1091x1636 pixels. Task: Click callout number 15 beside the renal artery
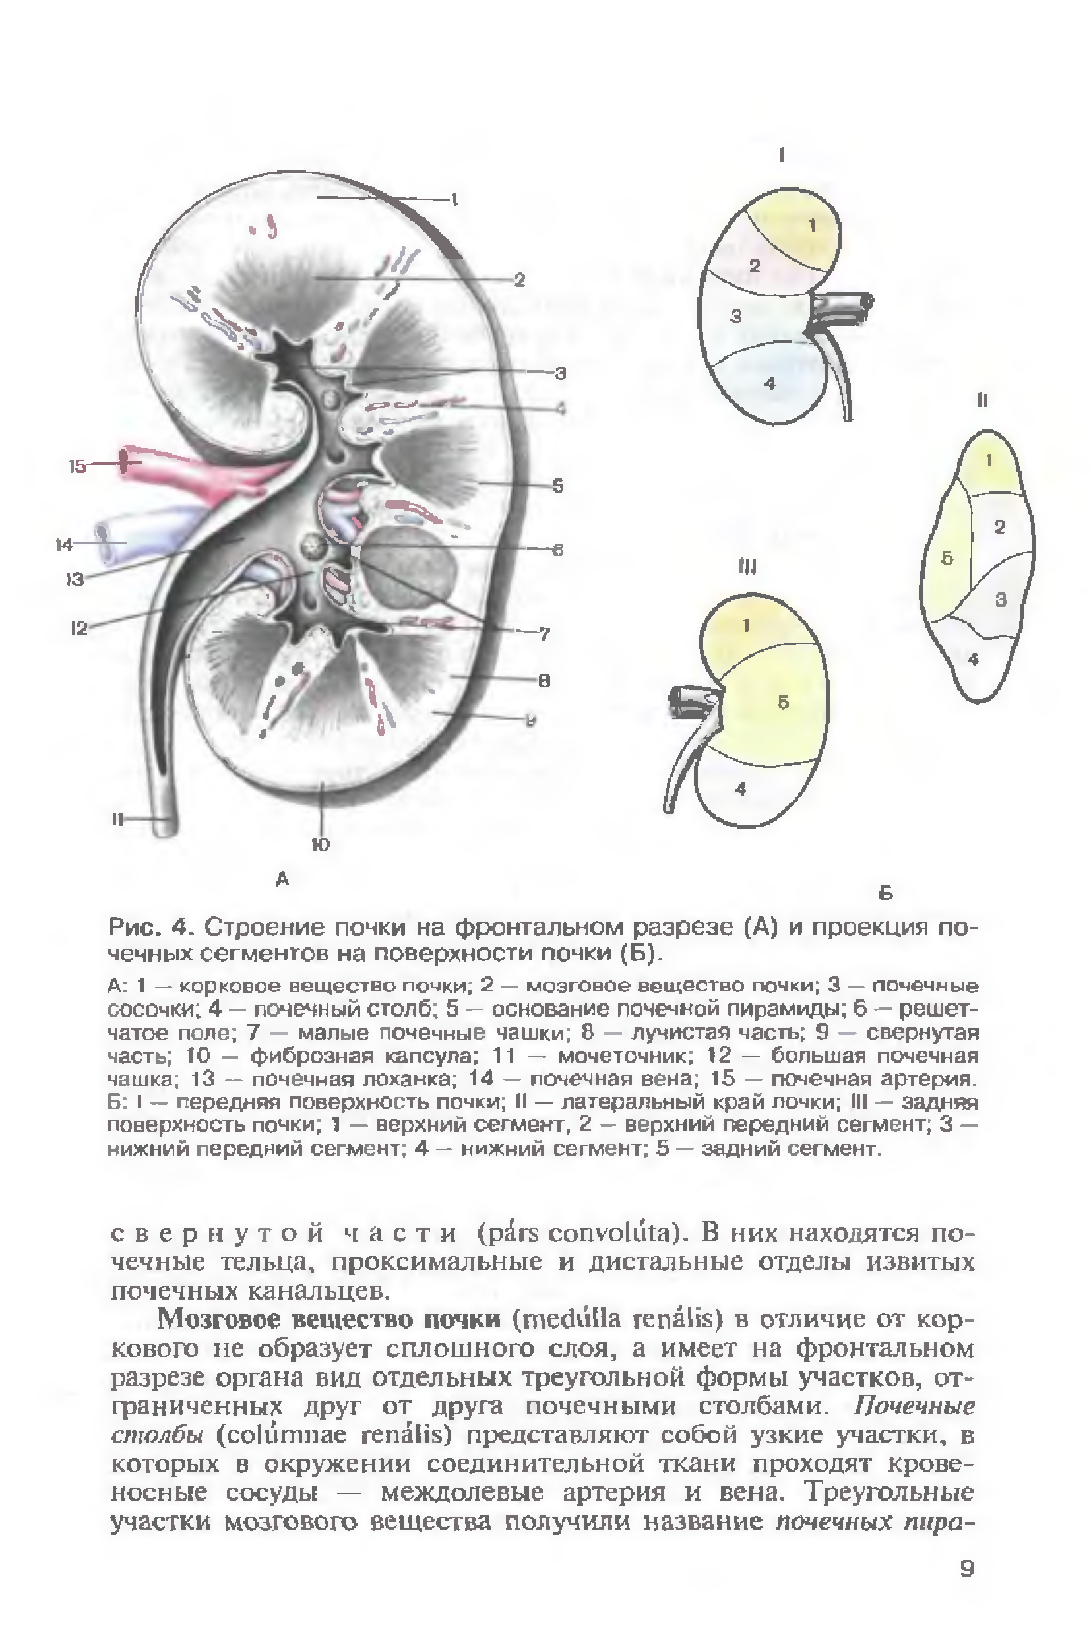click(77, 466)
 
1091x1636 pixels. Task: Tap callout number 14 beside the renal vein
click(64, 544)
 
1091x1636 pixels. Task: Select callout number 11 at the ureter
click(117, 820)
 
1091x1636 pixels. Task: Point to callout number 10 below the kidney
click(320, 845)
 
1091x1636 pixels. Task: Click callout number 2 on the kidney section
click(519, 280)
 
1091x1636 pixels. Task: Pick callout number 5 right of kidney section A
click(557, 486)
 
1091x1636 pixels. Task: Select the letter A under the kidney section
click(282, 879)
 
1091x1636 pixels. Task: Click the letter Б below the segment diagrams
click(886, 893)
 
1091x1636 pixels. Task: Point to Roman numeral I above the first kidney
click(782, 156)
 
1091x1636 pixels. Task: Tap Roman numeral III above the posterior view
click(747, 568)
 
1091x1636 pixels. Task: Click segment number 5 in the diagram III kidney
click(783, 703)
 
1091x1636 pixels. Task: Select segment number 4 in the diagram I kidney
click(769, 382)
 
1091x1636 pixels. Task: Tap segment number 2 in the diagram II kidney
click(999, 528)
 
